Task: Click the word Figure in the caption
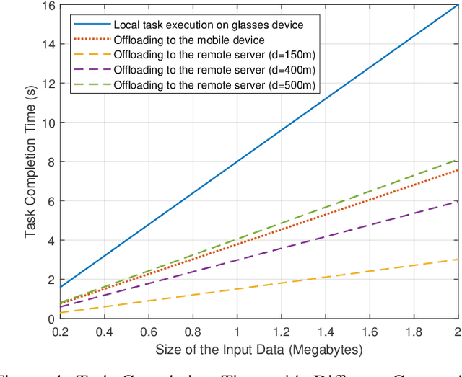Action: pos(17,371)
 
